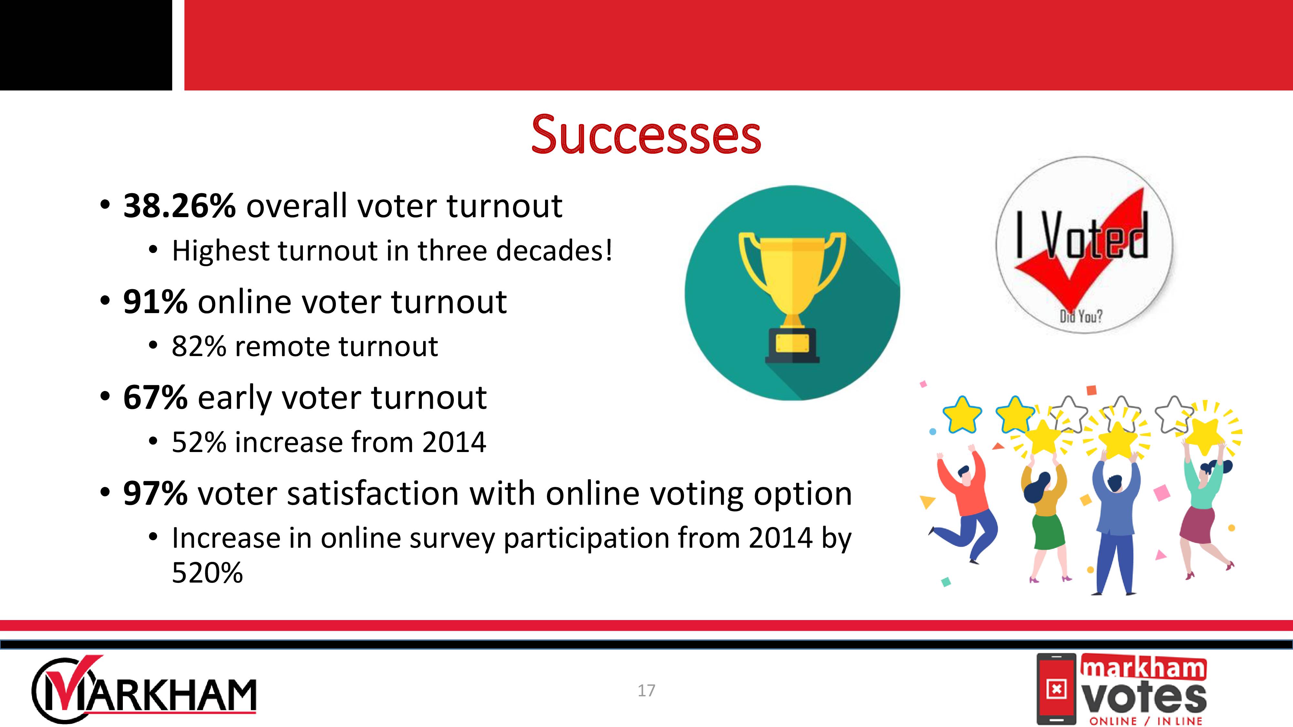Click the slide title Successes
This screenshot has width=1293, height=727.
coord(646,134)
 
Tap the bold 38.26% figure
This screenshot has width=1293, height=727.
coord(179,206)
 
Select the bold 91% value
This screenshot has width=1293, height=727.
coord(155,301)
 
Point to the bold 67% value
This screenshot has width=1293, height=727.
coord(155,397)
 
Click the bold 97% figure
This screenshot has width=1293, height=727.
coord(155,493)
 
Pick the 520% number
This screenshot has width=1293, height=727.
coord(207,573)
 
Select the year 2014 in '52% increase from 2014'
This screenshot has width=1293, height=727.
coord(454,442)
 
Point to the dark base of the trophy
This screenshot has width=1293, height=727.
coord(792,346)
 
